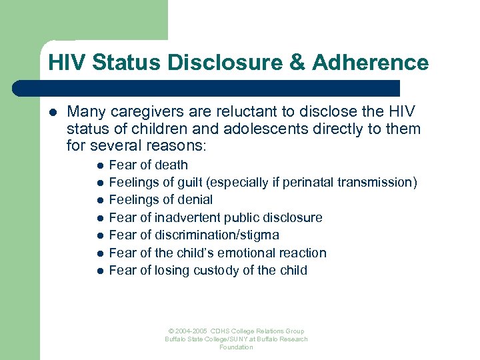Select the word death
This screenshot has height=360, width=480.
[171, 165]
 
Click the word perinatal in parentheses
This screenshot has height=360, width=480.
[309, 182]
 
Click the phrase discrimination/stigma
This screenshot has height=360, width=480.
[217, 235]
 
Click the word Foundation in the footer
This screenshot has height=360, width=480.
[237, 347]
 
